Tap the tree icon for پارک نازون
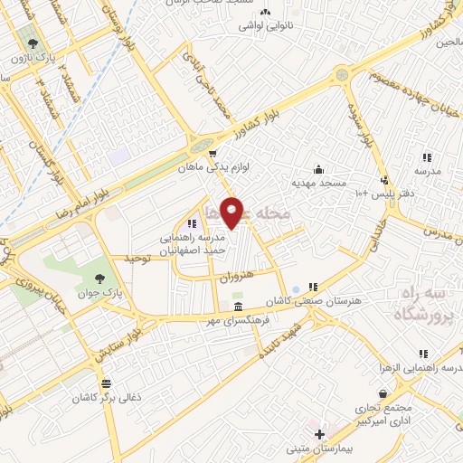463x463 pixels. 33,43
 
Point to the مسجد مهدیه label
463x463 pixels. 318,184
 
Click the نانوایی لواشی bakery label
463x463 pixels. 264,25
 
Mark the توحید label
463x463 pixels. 135,259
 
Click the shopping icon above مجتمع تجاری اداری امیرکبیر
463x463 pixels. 385,394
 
